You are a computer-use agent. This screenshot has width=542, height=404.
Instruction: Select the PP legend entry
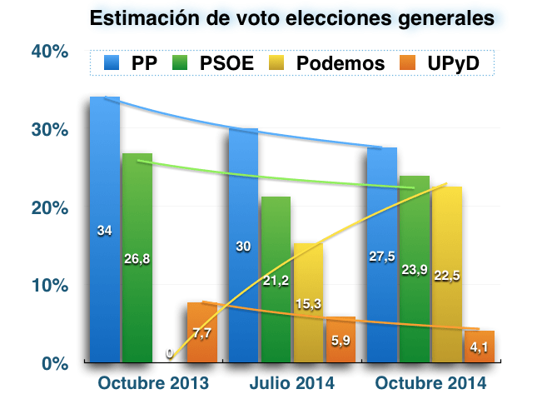point(130,62)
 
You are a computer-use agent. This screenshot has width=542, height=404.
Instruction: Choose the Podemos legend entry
point(326,62)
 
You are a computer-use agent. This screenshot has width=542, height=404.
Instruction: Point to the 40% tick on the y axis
point(49,52)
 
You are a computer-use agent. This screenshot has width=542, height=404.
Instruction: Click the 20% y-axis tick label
point(49,207)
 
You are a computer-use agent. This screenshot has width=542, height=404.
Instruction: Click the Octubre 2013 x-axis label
point(152,384)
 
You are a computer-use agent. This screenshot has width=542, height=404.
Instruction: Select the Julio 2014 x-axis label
point(292,384)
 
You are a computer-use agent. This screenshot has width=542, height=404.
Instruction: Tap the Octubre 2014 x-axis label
point(430,384)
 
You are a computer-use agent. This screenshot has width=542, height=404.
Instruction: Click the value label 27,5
point(381,256)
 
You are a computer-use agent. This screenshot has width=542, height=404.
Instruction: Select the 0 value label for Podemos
point(170,354)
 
